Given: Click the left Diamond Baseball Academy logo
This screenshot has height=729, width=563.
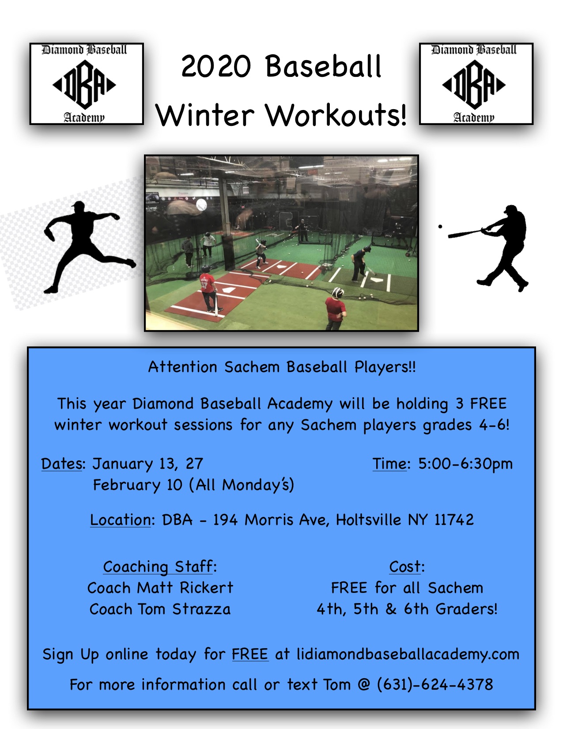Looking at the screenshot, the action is click(87, 84).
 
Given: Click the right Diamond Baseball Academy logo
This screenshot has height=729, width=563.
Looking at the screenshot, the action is click(476, 84).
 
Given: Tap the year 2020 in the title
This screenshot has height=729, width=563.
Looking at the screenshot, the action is click(216, 66).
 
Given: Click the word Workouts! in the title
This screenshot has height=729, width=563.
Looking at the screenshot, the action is click(336, 115).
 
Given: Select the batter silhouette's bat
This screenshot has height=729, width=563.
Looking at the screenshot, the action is click(466, 234).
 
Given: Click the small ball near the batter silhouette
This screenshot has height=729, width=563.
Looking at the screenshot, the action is click(440, 227).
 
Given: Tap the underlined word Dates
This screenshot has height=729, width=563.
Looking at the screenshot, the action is click(61, 463).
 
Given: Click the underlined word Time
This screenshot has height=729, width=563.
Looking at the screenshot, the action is click(389, 463).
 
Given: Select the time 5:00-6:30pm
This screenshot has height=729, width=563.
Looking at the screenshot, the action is click(465, 464).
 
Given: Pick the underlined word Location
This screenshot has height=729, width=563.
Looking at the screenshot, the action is click(121, 520).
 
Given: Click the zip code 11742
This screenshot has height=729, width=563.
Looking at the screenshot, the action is click(454, 520).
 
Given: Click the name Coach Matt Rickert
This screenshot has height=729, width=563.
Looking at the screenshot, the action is click(160, 588).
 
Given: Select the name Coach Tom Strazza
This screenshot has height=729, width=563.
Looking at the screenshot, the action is click(160, 609).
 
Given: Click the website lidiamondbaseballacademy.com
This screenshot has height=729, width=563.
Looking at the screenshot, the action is click(408, 654).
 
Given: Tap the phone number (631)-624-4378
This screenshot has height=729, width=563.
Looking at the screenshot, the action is click(435, 685).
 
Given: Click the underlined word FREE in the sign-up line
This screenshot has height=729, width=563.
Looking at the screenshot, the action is click(250, 654).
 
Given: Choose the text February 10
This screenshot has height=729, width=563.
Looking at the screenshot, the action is click(137, 485).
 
